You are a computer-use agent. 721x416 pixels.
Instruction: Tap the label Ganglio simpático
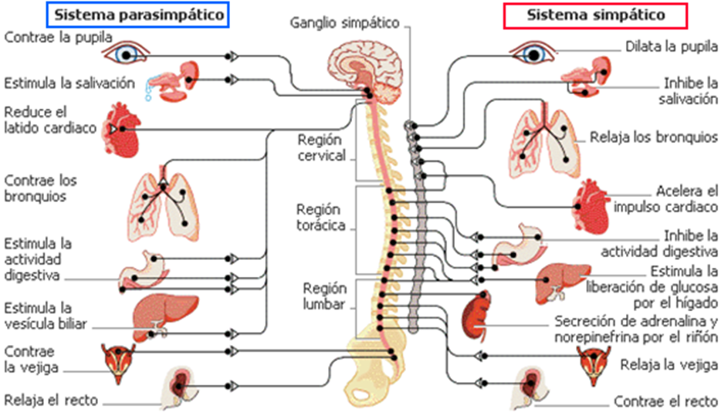click(344, 22)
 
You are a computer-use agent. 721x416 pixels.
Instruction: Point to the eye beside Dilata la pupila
click(533, 52)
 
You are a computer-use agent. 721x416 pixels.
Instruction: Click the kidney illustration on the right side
click(476, 317)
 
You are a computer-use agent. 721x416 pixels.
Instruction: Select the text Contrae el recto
click(665, 401)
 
